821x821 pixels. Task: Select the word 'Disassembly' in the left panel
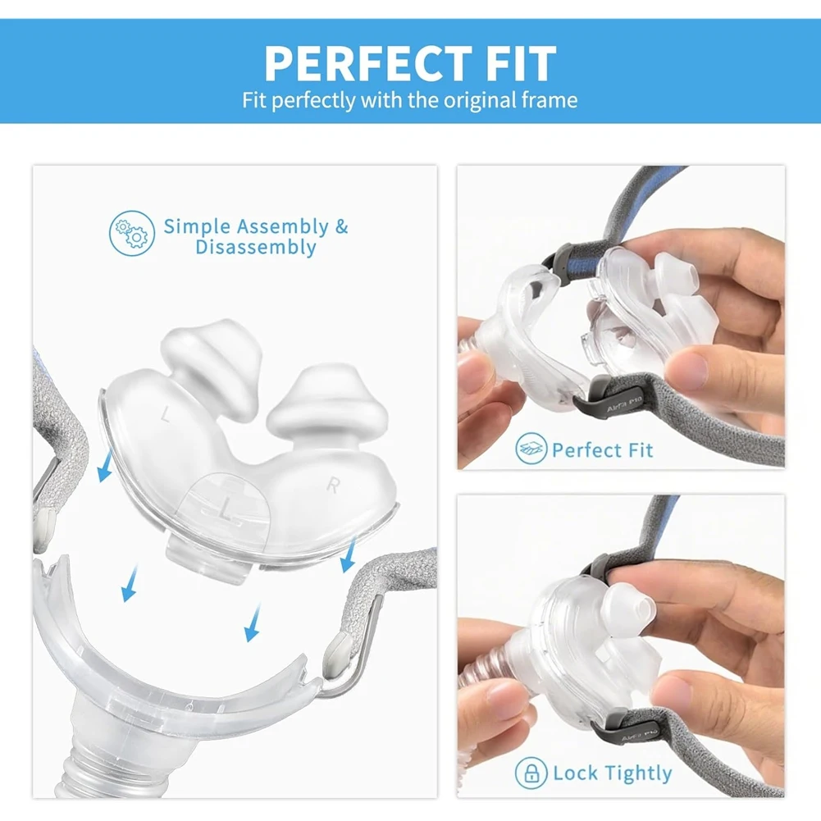click(256, 248)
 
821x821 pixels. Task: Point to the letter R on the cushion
click(333, 486)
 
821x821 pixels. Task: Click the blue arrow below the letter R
click(348, 559)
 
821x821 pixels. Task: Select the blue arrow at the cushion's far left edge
click(103, 470)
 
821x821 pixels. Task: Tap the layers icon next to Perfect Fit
click(531, 449)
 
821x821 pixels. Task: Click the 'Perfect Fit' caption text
click(603, 450)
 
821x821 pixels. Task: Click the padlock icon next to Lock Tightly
click(531, 773)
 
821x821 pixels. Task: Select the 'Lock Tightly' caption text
click(612, 773)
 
